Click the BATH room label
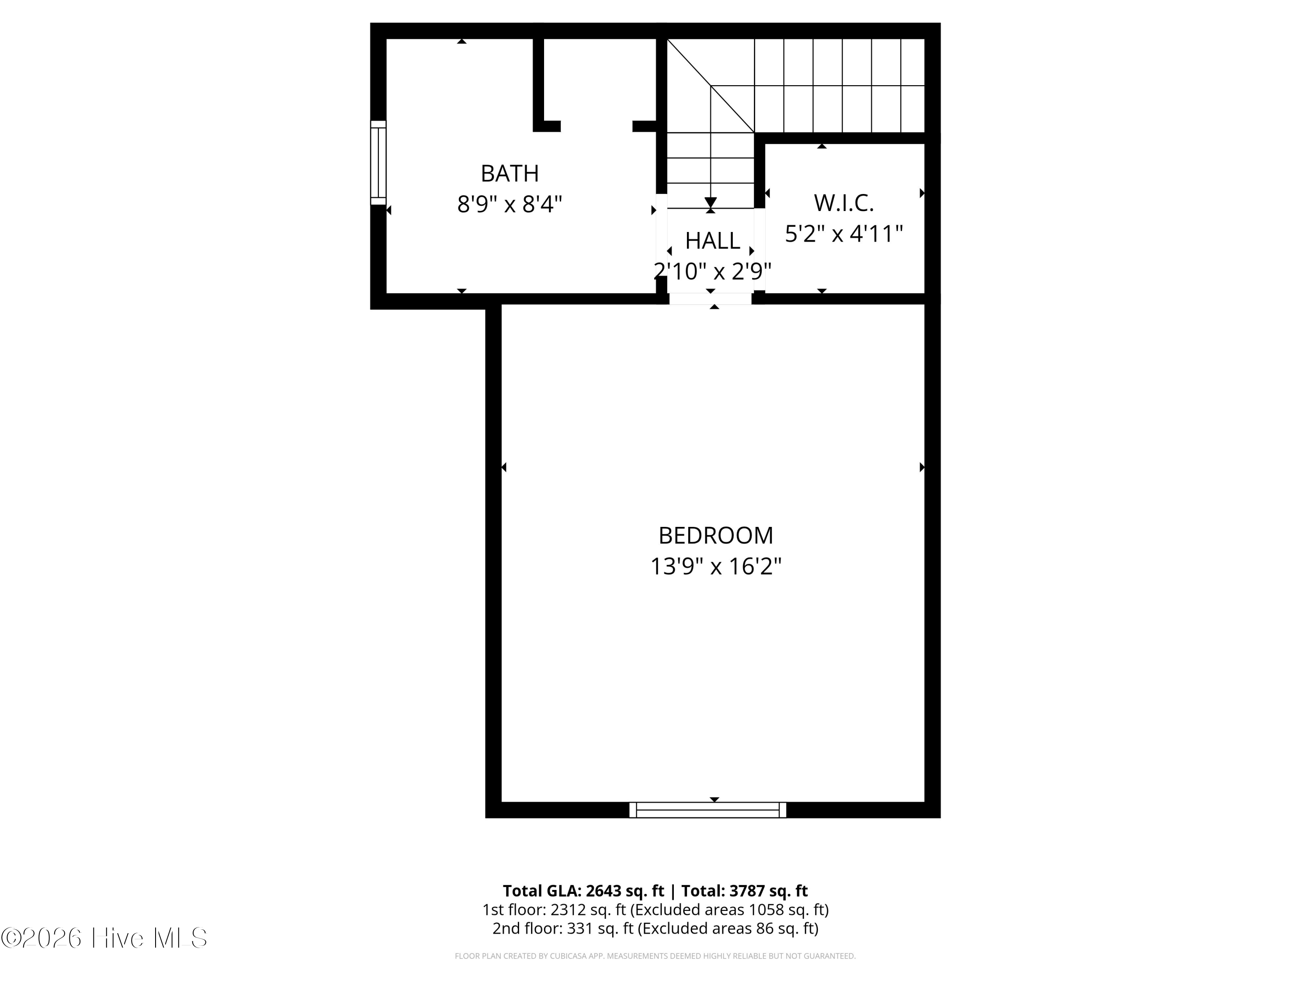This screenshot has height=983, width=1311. pyautogui.click(x=509, y=173)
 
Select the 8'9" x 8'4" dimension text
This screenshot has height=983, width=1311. pyautogui.click(x=509, y=205)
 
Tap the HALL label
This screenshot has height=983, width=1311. pyautogui.click(x=712, y=241)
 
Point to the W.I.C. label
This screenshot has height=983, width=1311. pyautogui.click(x=843, y=203)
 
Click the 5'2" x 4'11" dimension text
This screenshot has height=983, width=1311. pyautogui.click(x=843, y=234)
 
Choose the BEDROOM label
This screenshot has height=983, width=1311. pyautogui.click(x=716, y=536)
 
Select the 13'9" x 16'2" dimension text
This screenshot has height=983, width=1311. pyautogui.click(x=716, y=567)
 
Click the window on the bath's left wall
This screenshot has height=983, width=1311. pyautogui.click(x=378, y=163)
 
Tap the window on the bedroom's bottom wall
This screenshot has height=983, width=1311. pyautogui.click(x=708, y=810)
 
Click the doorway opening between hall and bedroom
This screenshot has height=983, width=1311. pyautogui.click(x=711, y=299)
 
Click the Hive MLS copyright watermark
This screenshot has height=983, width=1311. pyautogui.click(x=104, y=938)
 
